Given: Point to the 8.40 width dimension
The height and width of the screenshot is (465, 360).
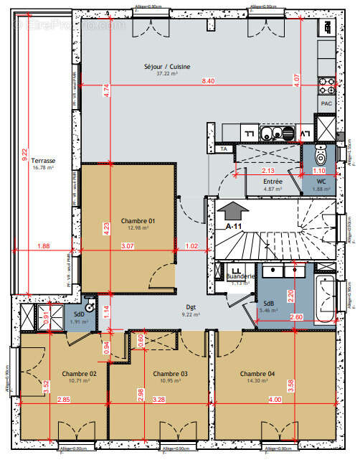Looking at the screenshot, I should pyautogui.click(x=208, y=81).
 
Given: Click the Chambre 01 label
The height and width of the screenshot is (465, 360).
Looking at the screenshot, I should pyautogui.click(x=138, y=220).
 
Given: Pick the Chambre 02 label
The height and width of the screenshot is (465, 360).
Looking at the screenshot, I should pyautogui.click(x=79, y=374).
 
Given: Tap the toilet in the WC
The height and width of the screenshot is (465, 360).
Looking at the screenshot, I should pyautogui.click(x=320, y=154).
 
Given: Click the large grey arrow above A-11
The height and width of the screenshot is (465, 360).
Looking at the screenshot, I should pyautogui.click(x=236, y=212).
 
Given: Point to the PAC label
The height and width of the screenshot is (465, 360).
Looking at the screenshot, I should pyautogui.click(x=326, y=103).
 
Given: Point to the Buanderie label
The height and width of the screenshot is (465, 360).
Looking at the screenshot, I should pyautogui.click(x=238, y=276).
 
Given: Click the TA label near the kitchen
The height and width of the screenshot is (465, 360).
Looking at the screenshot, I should pyautogui.click(x=224, y=149).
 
